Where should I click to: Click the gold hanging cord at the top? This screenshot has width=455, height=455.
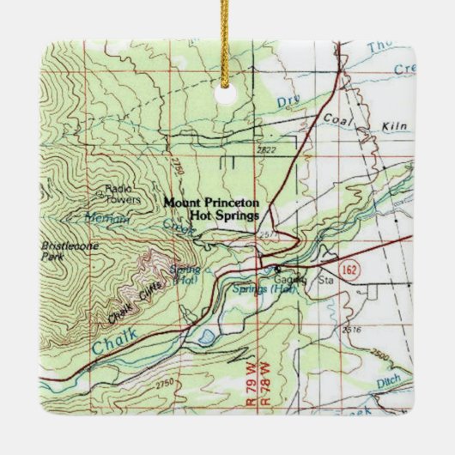[227, 34]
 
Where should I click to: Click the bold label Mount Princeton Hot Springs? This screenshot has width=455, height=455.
[212, 209]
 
